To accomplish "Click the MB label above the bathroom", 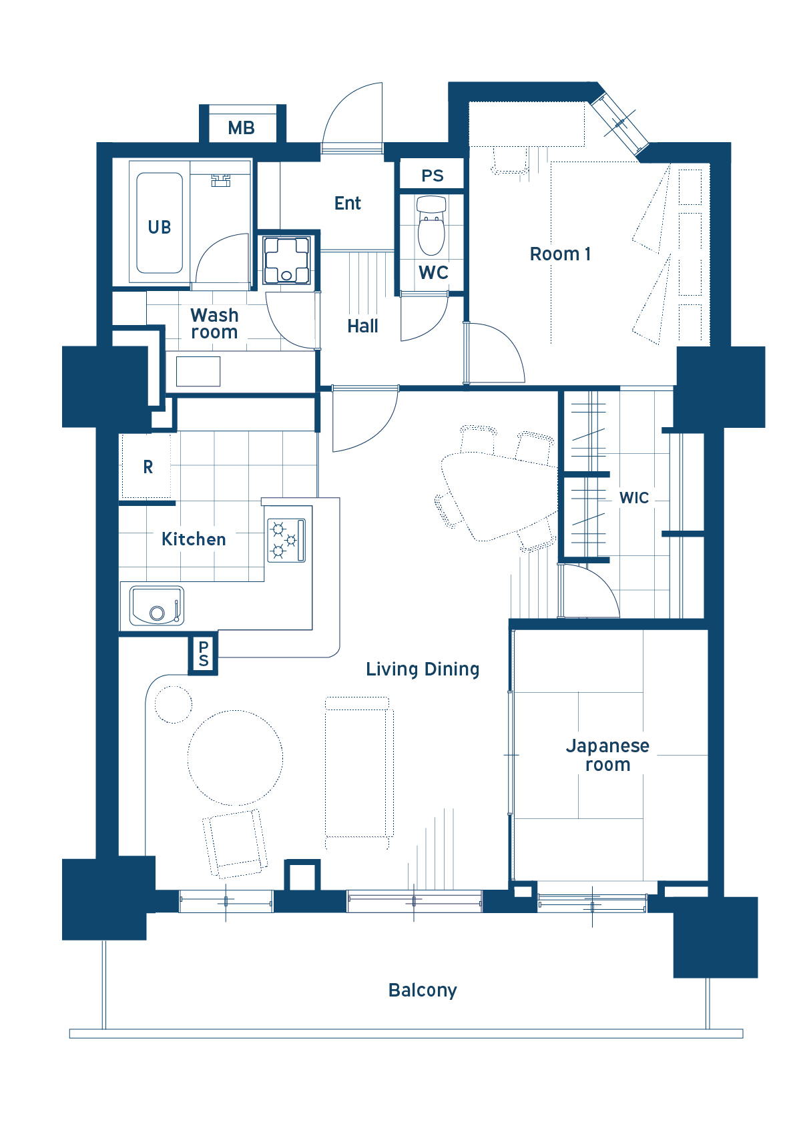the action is pos(242,128).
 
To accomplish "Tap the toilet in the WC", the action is pos(431,226).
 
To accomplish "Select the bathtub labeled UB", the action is pos(160,223).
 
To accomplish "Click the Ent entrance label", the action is pos(347,203).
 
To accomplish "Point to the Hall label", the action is pos(362,326).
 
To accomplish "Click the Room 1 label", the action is pos(560,254).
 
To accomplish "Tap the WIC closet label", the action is pos(634,498).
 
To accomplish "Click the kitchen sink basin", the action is pos(157,605).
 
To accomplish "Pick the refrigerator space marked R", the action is pos(147,466).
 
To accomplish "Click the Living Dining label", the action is pos(423,669).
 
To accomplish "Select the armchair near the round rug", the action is pos(235,844).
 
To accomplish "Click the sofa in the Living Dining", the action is pos(359,774).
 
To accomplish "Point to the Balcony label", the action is pos(423,990).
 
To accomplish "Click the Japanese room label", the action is pos(607,755).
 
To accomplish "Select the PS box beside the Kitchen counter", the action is pos(204,653).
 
